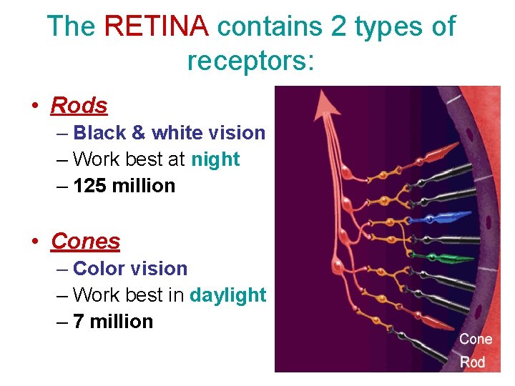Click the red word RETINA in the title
(157, 27)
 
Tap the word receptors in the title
(250, 61)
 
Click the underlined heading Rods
(79, 106)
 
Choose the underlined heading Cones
(85, 242)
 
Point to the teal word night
(215, 159)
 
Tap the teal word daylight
(227, 295)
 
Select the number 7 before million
(79, 322)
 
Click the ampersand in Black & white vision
(138, 133)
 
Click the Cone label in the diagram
(476, 339)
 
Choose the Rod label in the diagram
(472, 362)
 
